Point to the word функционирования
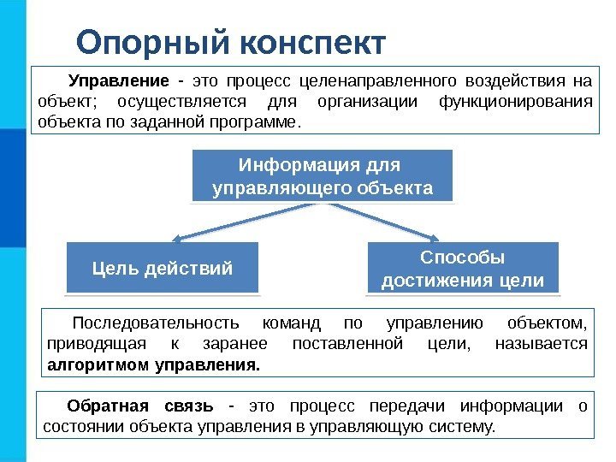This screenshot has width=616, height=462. click(514, 102)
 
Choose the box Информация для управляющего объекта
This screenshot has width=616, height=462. click(323, 175)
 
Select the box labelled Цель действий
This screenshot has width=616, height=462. click(163, 269)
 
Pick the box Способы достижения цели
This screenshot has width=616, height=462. click(462, 269)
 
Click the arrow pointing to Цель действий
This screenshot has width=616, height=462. click(240, 220)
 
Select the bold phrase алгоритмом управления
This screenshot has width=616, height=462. click(151, 364)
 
